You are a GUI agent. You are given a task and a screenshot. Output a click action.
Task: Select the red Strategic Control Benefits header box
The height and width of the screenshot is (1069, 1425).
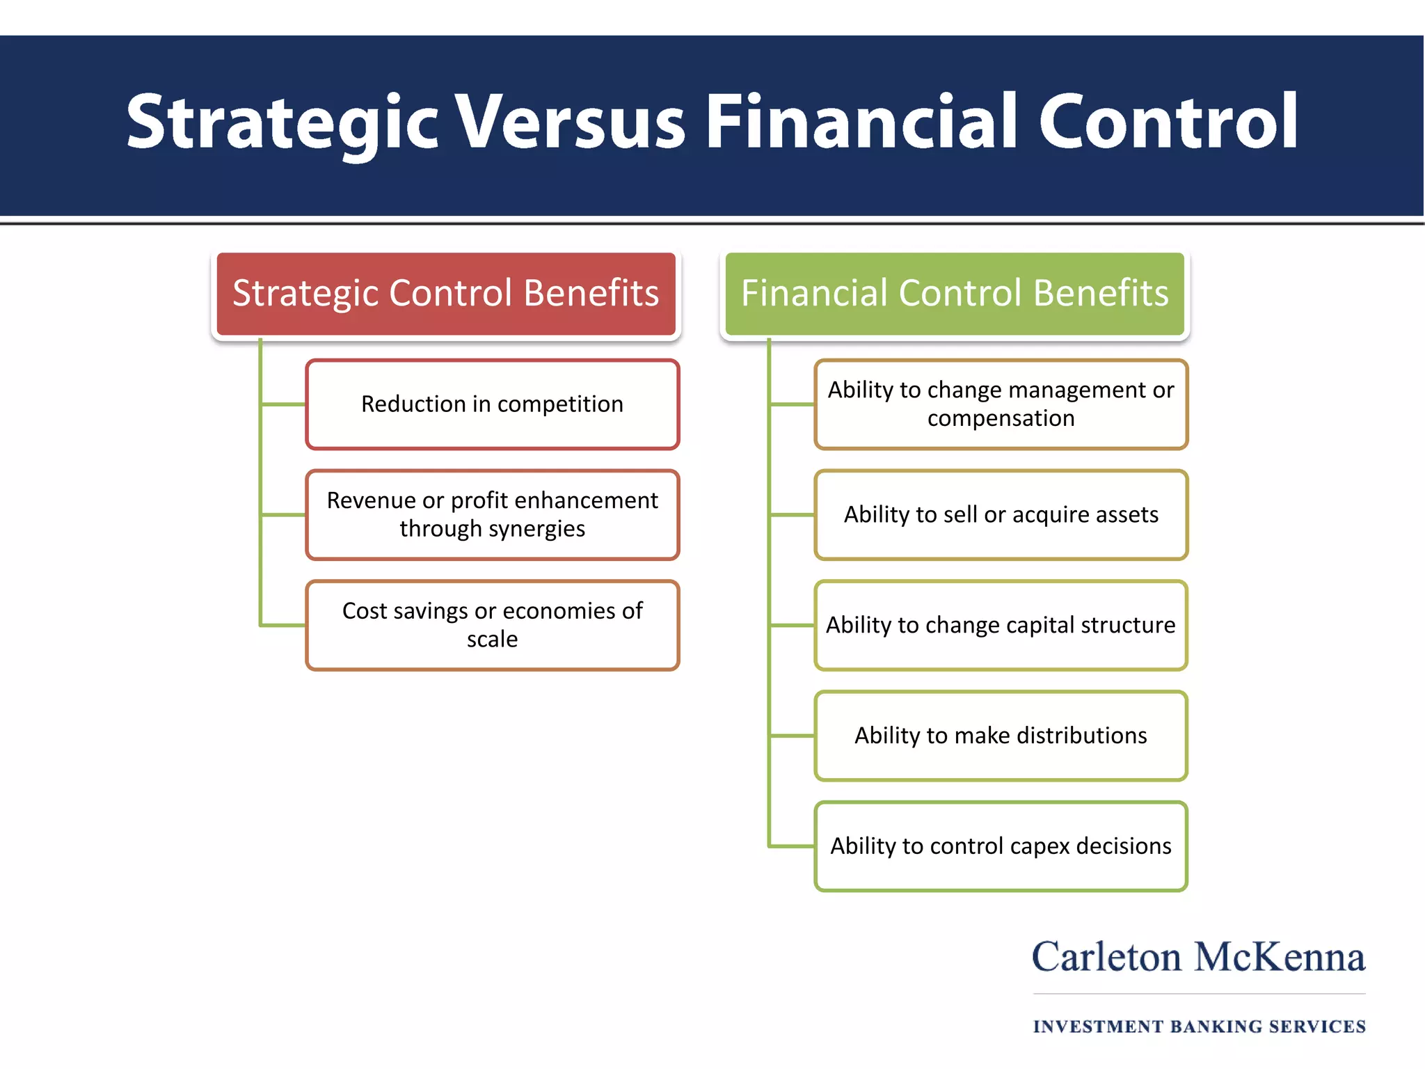click(445, 293)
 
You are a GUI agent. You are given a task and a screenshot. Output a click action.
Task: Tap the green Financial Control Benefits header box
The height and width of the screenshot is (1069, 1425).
click(954, 293)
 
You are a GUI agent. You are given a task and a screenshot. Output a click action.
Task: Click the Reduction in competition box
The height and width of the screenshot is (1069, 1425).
click(492, 404)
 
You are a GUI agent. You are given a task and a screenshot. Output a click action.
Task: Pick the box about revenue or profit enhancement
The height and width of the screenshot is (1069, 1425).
click(492, 514)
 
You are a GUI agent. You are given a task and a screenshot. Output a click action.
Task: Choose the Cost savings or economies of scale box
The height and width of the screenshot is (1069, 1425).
click(492, 625)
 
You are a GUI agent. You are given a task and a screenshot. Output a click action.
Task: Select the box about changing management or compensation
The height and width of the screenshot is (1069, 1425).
click(1001, 404)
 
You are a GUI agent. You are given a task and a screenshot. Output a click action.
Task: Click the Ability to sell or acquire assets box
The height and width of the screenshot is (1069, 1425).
click(1001, 514)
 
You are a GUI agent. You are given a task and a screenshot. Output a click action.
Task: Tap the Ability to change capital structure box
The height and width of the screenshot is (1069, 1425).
click(1001, 625)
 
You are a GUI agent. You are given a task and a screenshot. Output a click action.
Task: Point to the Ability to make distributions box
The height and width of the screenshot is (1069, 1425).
click(1001, 736)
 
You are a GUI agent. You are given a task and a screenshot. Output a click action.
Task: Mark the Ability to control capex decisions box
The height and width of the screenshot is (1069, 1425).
click(1001, 846)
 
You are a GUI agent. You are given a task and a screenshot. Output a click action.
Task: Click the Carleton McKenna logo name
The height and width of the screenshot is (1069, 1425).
click(1198, 957)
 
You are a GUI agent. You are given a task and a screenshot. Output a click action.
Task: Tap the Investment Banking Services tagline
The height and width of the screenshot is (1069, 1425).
click(1198, 1027)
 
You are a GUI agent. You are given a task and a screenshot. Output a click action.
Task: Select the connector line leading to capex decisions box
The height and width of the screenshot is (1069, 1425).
click(792, 846)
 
